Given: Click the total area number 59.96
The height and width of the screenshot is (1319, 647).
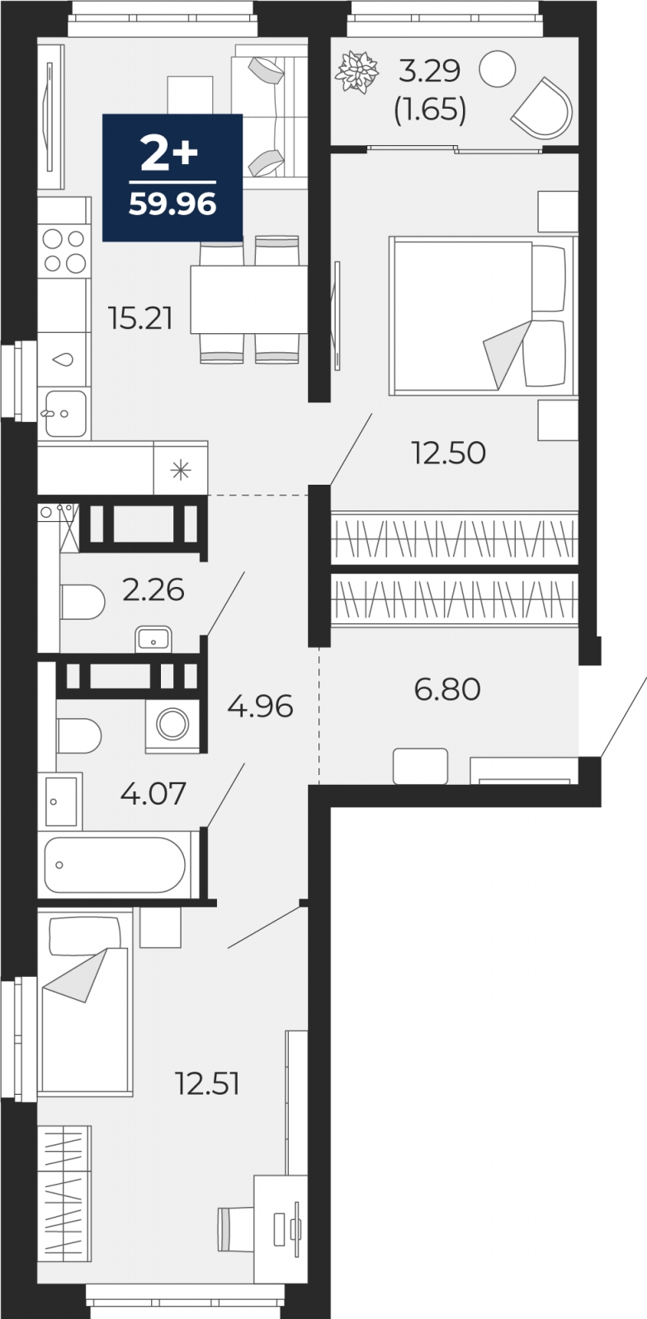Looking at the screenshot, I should (172, 203).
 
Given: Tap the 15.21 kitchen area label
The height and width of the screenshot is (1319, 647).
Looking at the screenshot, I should (141, 317).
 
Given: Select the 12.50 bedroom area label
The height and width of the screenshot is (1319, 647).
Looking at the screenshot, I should (449, 453).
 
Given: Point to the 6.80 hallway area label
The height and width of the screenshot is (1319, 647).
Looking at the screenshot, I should (447, 688).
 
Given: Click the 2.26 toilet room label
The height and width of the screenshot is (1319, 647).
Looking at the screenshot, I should (153, 589).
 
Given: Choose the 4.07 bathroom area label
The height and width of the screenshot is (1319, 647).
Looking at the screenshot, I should (153, 794).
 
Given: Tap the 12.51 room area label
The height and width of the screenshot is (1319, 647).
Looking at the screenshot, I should (207, 1083).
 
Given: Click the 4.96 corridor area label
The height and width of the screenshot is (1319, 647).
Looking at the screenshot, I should (260, 706).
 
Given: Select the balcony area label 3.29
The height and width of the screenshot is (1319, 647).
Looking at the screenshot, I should (429, 72).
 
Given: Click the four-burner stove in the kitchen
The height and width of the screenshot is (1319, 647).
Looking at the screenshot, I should (64, 251).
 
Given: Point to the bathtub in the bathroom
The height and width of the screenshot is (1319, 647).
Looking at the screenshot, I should (114, 865).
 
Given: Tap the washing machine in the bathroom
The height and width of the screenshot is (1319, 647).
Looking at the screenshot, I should (172, 725).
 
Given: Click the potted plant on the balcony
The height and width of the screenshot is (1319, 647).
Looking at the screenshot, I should (357, 71).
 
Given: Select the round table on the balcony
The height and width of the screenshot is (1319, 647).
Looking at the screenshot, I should (498, 68).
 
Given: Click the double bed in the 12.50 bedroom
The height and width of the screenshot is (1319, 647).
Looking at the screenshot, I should (482, 314).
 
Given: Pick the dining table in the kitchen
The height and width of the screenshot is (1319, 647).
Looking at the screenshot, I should (248, 299).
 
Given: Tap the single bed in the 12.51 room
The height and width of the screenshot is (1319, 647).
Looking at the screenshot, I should (85, 1006).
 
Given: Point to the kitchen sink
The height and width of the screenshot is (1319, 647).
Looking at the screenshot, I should (65, 413).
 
